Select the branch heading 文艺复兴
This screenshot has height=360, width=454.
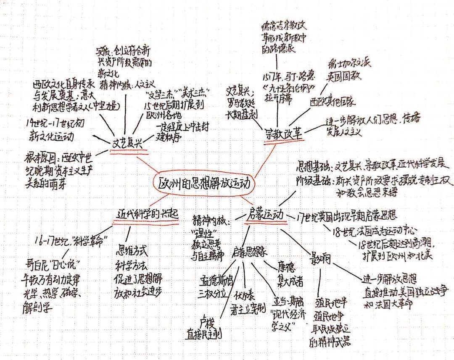[126, 143]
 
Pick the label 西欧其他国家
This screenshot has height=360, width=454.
[333, 101]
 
